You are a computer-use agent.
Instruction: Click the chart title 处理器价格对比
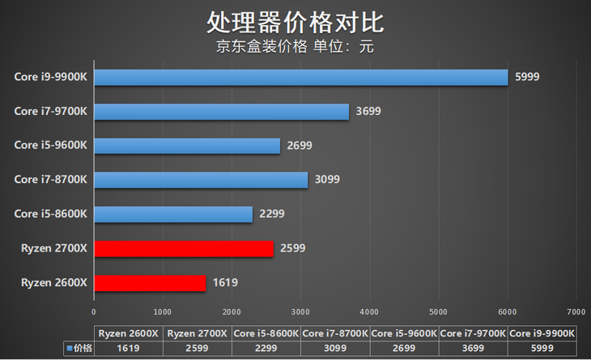[x=295, y=22]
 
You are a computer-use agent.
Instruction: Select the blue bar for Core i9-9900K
[x=300, y=77]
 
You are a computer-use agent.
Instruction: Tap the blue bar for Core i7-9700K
[x=221, y=112]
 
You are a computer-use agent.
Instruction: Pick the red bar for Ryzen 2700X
[x=183, y=248]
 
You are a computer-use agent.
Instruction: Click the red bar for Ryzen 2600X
[x=150, y=282]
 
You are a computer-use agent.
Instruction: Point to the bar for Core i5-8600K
[x=173, y=214]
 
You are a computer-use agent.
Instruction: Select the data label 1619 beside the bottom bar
[x=224, y=283]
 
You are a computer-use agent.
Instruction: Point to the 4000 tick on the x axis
[x=369, y=311]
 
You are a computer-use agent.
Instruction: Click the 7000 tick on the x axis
[x=576, y=311]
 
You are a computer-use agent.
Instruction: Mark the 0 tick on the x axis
[x=94, y=311]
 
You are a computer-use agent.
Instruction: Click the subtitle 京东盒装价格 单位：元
[x=295, y=46]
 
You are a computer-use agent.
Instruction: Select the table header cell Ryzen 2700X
[x=197, y=333]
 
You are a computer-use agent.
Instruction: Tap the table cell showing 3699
[x=473, y=348]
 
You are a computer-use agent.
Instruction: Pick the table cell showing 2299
[x=266, y=348]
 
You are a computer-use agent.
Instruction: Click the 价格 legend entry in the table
[x=79, y=348]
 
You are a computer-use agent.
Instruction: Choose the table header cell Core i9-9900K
[x=542, y=333]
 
